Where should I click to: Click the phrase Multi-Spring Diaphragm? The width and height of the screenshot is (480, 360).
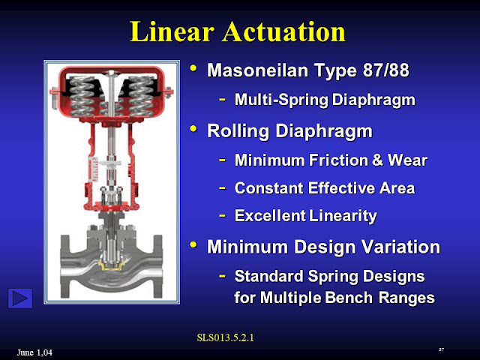(x=324, y=99)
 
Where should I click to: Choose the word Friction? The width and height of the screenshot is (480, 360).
(x=344, y=160)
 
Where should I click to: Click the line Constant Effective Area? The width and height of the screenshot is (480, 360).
(x=325, y=187)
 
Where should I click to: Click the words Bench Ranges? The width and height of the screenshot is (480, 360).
(x=383, y=297)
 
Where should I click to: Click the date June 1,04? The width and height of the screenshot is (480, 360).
(x=34, y=352)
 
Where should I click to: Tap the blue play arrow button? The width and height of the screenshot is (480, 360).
(x=20, y=298)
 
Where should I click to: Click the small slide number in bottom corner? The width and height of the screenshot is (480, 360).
(x=442, y=349)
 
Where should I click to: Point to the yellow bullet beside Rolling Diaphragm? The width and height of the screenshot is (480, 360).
(x=194, y=130)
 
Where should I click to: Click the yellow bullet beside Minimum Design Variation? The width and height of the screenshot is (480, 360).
(x=194, y=245)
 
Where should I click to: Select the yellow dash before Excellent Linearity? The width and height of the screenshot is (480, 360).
(x=222, y=216)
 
